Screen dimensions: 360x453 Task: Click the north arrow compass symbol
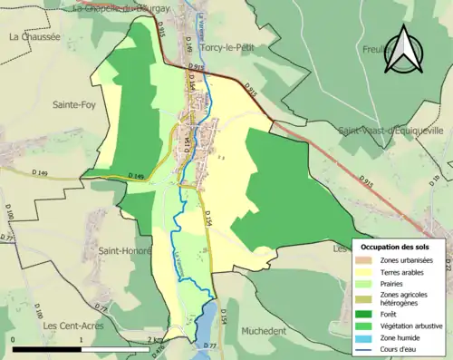pyautogui.click(x=405, y=51)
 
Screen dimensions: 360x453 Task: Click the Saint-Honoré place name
pyautogui.click(x=124, y=250)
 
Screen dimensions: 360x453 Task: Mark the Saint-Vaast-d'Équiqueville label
pyautogui.click(x=391, y=131)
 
